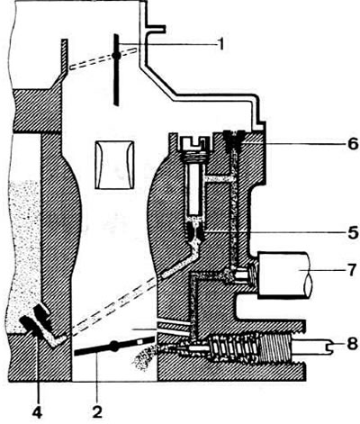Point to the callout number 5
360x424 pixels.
point(352,232)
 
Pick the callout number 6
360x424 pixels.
point(353,144)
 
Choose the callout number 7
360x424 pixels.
point(353,269)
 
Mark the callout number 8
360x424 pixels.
point(352,344)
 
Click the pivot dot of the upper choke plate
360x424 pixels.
point(116,56)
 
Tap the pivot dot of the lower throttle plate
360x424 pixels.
point(113,346)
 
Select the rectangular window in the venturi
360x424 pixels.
point(114,165)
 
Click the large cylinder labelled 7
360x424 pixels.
point(284,275)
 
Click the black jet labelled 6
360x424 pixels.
point(234,140)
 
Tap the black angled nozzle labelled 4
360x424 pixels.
point(38,322)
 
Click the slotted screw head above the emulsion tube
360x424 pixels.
point(196,143)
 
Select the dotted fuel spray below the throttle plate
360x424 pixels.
point(144,356)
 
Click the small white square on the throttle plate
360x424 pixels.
point(139,341)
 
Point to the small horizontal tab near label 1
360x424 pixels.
point(156,29)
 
